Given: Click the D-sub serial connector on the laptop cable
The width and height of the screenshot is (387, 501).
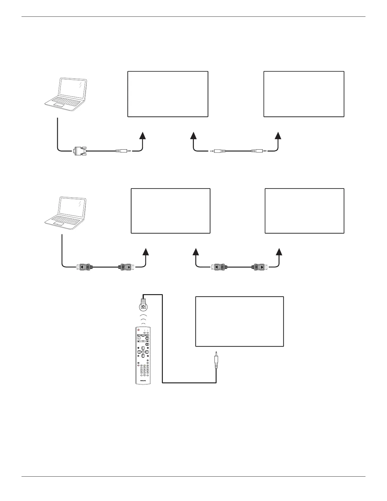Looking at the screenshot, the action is coord(79,151).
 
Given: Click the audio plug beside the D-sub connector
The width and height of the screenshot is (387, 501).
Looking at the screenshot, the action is coord(123,151).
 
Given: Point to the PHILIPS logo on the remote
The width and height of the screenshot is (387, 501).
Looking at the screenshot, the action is coord(143,381).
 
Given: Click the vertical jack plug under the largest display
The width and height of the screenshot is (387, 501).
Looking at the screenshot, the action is coord(216,361).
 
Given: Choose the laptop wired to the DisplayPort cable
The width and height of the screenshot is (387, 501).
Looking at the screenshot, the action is coord(65,211).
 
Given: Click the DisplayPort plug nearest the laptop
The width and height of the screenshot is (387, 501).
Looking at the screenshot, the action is coord(84,267).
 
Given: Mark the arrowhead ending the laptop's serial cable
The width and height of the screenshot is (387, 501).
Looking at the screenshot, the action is coord(143,135).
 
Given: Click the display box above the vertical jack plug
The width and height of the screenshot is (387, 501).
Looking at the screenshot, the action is coord(239,321).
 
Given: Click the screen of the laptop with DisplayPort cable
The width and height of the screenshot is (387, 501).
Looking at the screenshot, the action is coord(72,207).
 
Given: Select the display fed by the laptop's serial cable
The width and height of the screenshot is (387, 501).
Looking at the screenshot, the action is coord(168,94).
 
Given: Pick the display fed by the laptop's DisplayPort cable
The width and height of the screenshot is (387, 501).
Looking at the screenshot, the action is coord(170,211).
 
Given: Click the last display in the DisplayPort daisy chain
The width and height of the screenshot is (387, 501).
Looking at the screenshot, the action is coord(304,211).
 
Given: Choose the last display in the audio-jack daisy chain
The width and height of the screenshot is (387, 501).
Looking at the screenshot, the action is coord(304,94).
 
